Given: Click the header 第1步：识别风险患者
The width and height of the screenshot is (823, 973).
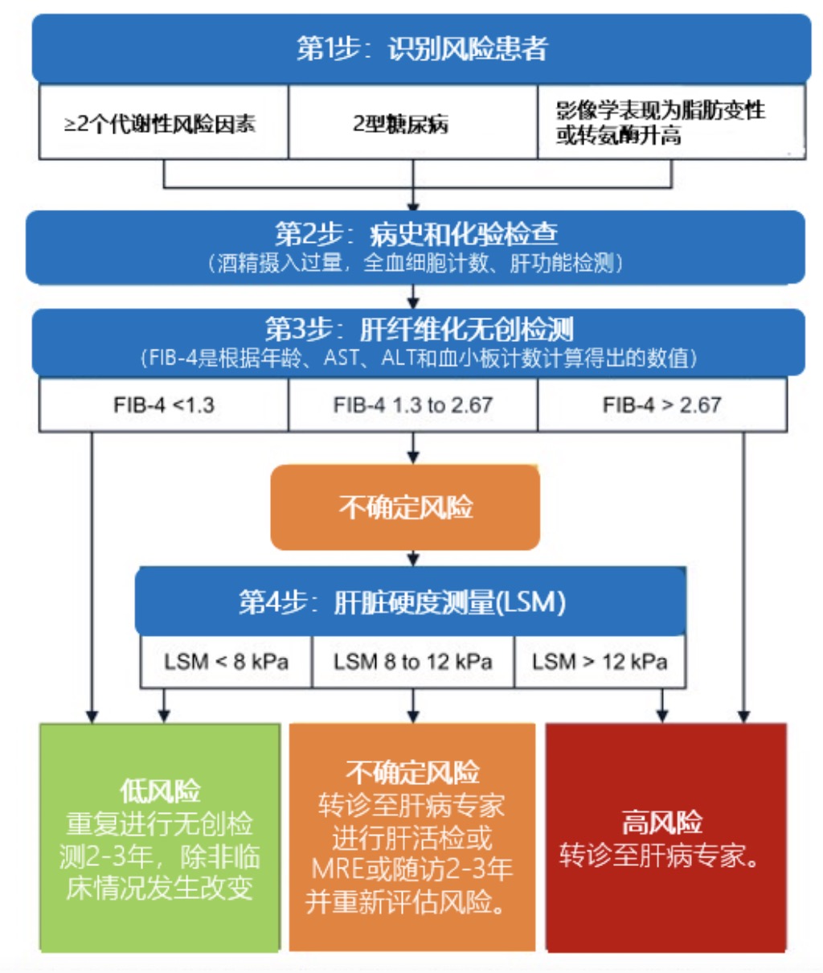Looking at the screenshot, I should tap(421, 48).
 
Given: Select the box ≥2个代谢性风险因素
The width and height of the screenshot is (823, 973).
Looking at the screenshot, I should tap(163, 123).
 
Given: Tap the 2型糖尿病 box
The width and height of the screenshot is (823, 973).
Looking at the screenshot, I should tap(412, 123).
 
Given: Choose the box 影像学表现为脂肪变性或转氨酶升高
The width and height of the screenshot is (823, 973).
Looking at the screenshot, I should tap(670, 122).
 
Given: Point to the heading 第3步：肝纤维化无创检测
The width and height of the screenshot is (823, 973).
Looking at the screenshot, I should tap(418, 329).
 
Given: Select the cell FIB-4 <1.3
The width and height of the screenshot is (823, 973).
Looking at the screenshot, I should tap(163, 404).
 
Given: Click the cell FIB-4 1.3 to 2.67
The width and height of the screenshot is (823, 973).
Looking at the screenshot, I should tap(412, 404).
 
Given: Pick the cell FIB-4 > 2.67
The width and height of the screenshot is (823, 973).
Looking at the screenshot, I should tap(661, 404).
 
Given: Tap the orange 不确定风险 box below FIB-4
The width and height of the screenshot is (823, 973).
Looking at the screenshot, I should tap(405, 507).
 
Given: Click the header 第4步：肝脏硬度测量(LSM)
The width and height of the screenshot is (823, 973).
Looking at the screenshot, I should tap(410, 601).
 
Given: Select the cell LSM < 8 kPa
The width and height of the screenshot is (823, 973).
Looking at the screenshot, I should tap(226, 662).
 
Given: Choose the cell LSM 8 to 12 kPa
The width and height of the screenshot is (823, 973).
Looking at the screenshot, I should tap(412, 662).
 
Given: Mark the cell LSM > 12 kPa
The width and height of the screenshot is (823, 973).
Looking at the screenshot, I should tap(600, 662).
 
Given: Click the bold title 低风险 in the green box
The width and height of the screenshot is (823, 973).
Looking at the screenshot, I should tap(160, 791).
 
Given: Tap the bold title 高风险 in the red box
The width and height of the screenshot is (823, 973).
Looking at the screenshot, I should tap(661, 823).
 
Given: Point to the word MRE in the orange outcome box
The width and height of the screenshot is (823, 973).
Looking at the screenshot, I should tap(338, 869).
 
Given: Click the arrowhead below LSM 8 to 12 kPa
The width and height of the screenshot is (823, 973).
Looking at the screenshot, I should tap(413, 715).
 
